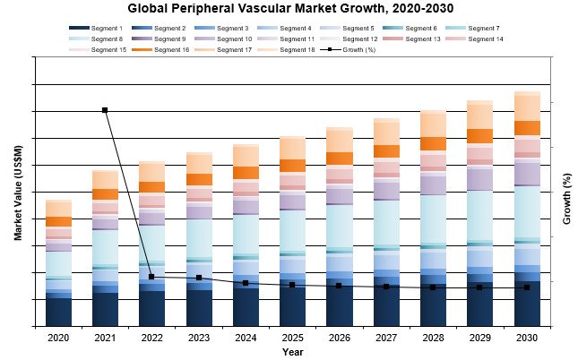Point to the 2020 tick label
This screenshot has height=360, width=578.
tap(58, 338)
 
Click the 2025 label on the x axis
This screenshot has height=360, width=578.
tap(292, 338)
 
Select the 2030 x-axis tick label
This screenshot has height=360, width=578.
tap(527, 338)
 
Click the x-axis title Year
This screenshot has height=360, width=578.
tap(292, 352)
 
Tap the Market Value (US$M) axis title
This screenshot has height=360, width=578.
tap(18, 193)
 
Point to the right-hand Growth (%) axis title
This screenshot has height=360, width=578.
tap(566, 193)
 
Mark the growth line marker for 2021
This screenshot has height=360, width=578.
tap(105, 110)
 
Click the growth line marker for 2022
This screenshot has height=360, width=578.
tap(151, 277)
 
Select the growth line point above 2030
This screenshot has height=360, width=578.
tap(527, 287)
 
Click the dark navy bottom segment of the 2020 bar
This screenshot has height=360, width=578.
tap(58, 312)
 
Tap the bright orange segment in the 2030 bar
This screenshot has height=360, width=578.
tap(527, 128)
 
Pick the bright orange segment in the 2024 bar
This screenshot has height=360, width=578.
tap(246, 173)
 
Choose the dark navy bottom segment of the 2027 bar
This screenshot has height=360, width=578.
tap(386, 305)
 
